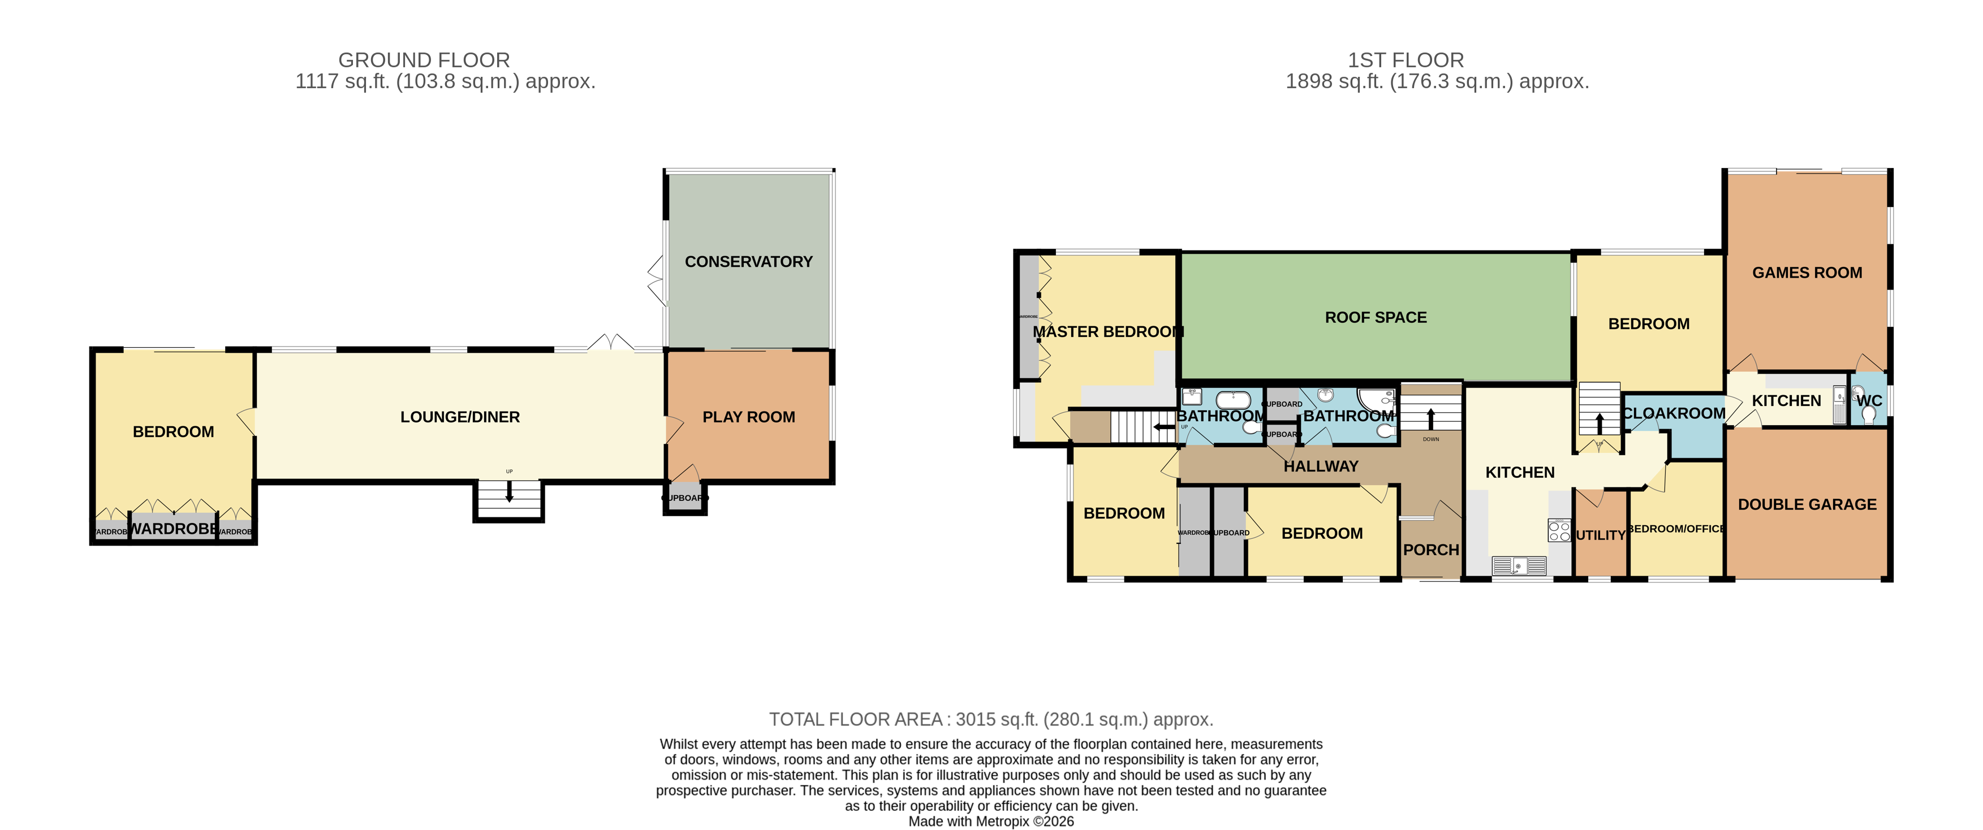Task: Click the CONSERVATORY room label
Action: coord(748,262)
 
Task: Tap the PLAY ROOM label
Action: coord(748,417)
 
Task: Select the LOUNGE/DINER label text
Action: coord(460,417)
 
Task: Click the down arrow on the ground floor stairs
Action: coord(509,492)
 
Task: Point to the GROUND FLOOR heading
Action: coord(424,60)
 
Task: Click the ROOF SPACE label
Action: coord(1375,317)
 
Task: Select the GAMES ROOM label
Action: coord(1807,273)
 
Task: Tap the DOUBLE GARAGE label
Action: coord(1807,505)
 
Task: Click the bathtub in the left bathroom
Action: coord(1232,399)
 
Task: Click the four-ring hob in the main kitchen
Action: coord(1559,531)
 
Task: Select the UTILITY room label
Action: coord(1601,535)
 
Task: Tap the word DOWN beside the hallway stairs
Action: coord(1430,439)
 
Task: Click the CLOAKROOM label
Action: coord(1674,413)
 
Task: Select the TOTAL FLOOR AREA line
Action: coord(991,719)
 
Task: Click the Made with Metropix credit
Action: coord(991,821)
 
